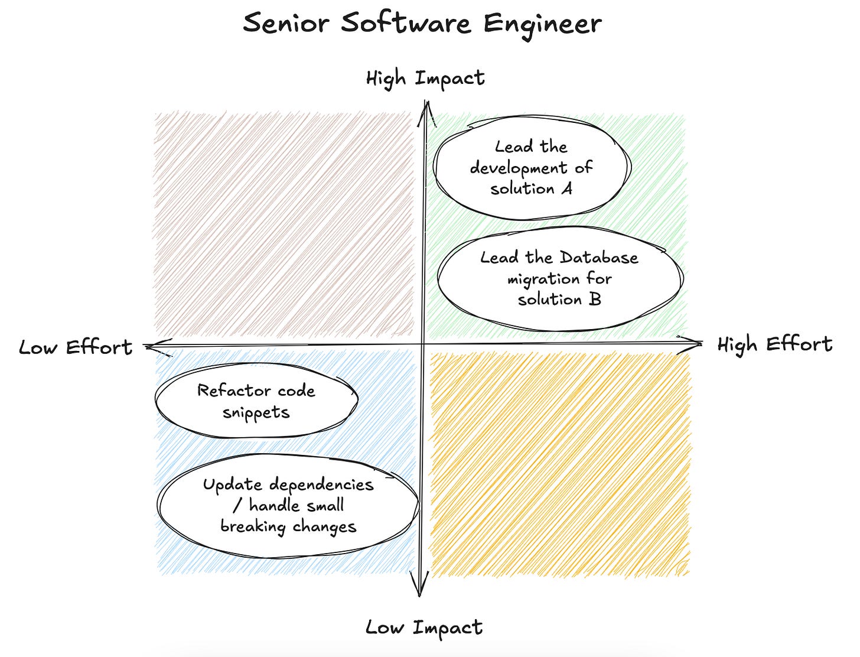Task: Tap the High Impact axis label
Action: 425,78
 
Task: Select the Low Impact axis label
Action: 424,627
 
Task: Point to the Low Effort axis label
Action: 76,347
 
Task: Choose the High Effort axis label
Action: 774,344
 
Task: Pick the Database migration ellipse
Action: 559,278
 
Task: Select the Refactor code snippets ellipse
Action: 256,401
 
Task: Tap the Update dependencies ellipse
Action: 288,506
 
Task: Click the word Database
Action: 599,258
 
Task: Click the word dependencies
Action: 321,485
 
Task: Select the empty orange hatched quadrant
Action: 560,464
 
